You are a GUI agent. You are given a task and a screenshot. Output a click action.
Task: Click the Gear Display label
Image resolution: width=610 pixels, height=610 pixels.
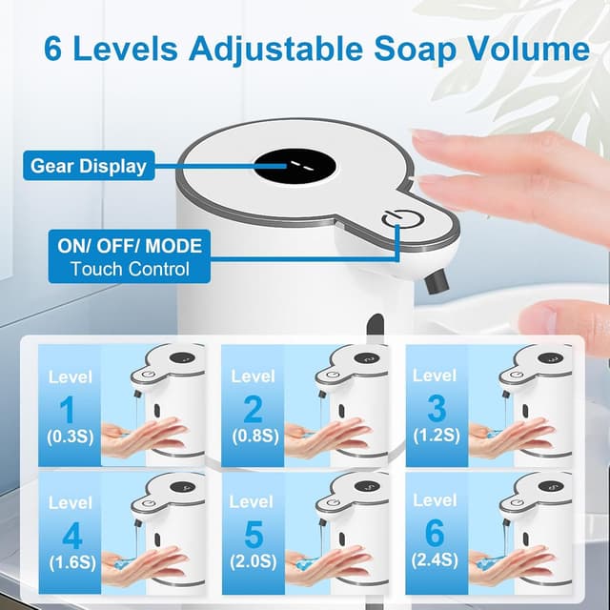pyautogui.click(x=89, y=166)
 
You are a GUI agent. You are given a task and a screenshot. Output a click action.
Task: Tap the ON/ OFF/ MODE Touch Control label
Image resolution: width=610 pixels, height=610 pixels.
pyautogui.click(x=130, y=256)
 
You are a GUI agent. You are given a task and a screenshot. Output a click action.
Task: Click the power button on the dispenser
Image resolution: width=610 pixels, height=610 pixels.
pyautogui.click(x=397, y=221)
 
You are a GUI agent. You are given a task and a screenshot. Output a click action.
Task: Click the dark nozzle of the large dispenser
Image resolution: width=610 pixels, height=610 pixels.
pyautogui.click(x=437, y=279)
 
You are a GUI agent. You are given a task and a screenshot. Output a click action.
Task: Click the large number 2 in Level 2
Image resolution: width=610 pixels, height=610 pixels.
pyautogui.click(x=252, y=410)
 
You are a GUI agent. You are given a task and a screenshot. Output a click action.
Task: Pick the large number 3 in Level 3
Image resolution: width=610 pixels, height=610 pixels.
pyautogui.click(x=437, y=409)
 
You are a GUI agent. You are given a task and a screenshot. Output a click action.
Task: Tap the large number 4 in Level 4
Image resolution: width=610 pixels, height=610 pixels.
pyautogui.click(x=70, y=533)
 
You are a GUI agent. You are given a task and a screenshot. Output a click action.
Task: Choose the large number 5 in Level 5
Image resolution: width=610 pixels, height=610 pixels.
pyautogui.click(x=252, y=533)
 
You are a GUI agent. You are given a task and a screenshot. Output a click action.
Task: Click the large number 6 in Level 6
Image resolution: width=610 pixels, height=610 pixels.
pyautogui.click(x=435, y=532)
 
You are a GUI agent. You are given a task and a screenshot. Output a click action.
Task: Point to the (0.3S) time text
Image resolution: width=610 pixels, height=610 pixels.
pyautogui.click(x=70, y=437)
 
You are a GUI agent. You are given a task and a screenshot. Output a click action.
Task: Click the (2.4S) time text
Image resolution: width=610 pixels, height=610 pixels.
pyautogui.click(x=436, y=559)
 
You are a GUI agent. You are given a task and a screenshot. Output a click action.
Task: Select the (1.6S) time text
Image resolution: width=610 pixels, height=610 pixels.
pyautogui.click(x=70, y=561)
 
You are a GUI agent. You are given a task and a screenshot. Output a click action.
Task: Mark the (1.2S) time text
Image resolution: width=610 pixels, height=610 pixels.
pyautogui.click(x=437, y=436)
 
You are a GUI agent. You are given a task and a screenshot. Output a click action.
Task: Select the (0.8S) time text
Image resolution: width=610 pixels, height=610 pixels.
pyautogui.click(x=252, y=437)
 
